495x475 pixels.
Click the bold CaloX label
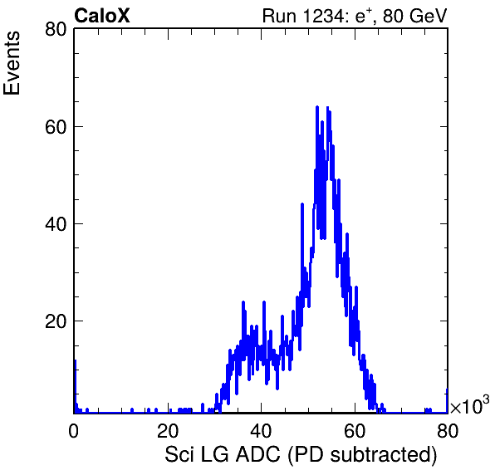click(x=102, y=16)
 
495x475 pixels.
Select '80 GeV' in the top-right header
click(x=414, y=16)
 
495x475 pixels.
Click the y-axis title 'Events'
click(x=12, y=63)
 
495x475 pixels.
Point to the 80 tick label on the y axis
click(x=56, y=29)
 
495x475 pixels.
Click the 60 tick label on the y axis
click(x=56, y=126)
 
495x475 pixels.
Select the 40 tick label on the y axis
click(x=56, y=223)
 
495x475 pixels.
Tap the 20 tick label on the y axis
click(x=56, y=321)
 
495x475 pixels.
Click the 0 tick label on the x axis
click(x=74, y=430)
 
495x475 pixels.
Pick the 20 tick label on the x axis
click(x=168, y=430)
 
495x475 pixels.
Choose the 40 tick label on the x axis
click(x=261, y=430)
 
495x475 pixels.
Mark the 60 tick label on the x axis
click(x=355, y=430)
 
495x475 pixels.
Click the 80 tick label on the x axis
click(x=448, y=430)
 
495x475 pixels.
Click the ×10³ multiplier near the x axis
click(x=470, y=404)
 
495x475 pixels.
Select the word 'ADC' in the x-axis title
click(x=258, y=454)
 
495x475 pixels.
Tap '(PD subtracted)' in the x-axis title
click(x=362, y=455)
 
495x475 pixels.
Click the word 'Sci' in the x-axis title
click(x=179, y=454)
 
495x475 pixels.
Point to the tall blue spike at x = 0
click(x=75, y=386)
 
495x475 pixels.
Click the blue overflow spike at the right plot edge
click(x=447, y=400)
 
